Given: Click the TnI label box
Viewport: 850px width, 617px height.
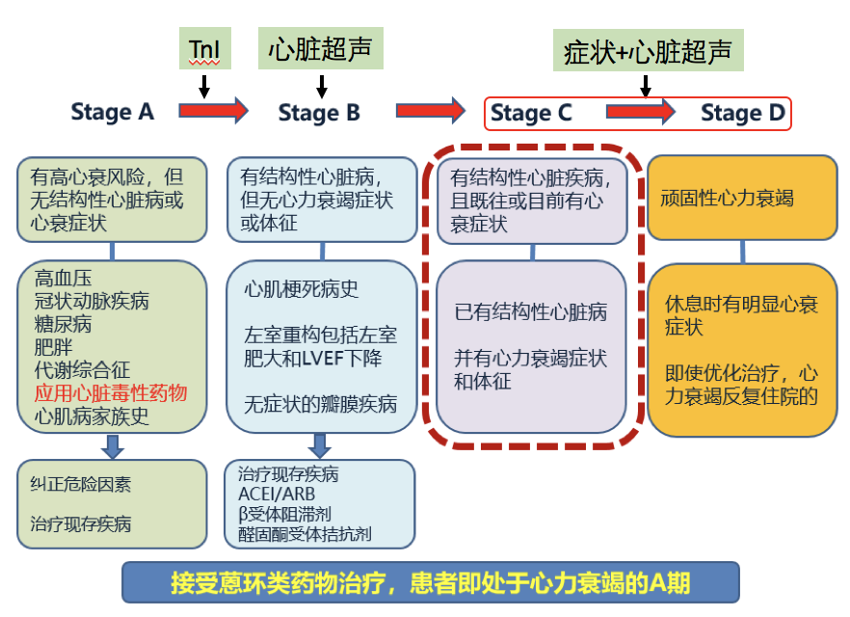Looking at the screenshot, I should pos(204,48).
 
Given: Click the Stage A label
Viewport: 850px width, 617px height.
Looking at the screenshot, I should pos(112,112).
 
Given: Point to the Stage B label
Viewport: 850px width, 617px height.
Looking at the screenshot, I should pos(319,113).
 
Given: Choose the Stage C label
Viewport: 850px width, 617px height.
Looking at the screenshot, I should pos(531,114).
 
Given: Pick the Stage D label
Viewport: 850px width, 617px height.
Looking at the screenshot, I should pos(742,114).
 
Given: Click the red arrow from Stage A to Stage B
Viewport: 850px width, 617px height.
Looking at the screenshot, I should pos(214,112).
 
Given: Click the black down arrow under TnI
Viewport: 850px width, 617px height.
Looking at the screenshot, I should pos(204,87).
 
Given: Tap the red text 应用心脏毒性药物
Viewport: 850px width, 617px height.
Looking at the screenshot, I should pos(111,393).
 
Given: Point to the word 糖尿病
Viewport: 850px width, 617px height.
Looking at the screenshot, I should pos(62,325).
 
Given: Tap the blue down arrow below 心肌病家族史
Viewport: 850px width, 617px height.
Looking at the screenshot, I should pos(113,444).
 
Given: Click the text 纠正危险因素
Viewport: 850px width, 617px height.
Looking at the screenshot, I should pos(80,485).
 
